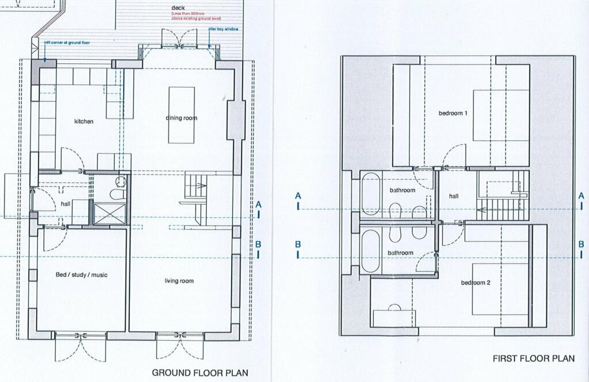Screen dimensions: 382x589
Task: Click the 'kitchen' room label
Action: (x=83, y=121)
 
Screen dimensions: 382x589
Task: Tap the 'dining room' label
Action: (x=181, y=118)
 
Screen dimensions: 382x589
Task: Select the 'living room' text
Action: (x=179, y=281)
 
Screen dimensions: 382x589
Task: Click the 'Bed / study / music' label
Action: (x=81, y=275)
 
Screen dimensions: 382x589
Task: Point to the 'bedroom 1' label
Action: (x=453, y=113)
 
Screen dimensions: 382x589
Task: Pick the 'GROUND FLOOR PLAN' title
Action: (x=200, y=373)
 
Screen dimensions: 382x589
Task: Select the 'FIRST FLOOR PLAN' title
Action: (x=533, y=358)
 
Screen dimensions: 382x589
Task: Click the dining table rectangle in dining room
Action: (x=181, y=114)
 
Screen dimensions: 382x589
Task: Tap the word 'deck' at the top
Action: (x=178, y=8)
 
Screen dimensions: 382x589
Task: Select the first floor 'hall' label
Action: (x=454, y=196)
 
